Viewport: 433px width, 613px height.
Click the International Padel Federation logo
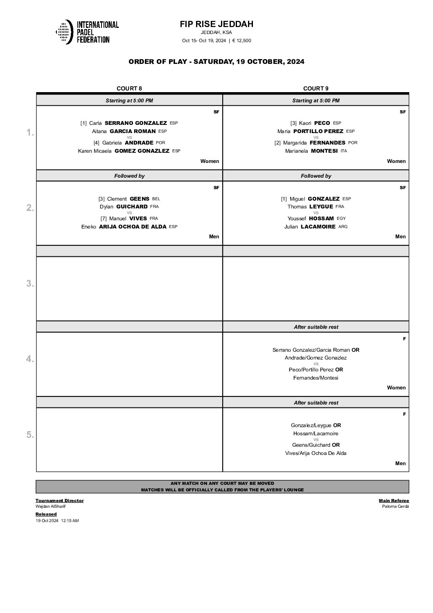point(87,32)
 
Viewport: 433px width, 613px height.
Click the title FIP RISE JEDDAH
point(216,24)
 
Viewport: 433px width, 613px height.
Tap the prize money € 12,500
point(241,41)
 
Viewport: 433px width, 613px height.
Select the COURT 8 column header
point(129,88)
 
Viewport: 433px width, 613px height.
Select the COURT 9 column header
point(316,88)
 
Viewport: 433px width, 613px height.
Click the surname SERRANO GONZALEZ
point(136,123)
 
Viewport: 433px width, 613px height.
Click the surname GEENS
point(140,199)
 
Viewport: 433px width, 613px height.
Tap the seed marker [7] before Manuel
point(104,219)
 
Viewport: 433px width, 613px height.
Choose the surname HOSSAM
point(322,219)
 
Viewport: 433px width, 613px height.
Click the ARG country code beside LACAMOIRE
point(343,227)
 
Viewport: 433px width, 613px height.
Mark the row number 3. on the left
point(30,283)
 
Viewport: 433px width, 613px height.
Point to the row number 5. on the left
point(30,434)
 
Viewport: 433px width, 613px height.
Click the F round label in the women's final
point(404,339)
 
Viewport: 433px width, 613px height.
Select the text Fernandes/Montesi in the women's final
point(316,378)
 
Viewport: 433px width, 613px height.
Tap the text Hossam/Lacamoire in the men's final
point(316,433)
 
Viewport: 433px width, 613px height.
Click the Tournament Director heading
point(59,500)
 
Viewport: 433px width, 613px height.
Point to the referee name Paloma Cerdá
point(395,506)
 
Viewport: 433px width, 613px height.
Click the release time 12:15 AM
point(70,520)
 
